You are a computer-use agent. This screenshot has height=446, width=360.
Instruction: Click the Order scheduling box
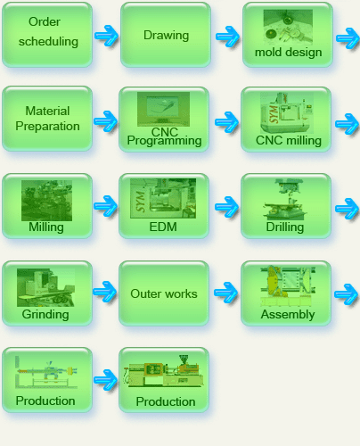pyautogui.click(x=47, y=35)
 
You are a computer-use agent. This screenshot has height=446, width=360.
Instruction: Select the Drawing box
pyautogui.click(x=166, y=35)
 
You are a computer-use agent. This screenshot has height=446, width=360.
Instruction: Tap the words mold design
pyautogui.click(x=288, y=53)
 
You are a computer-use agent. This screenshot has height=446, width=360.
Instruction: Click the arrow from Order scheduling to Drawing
pyautogui.click(x=106, y=36)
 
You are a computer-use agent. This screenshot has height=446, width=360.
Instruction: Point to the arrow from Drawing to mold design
pyautogui.click(x=227, y=37)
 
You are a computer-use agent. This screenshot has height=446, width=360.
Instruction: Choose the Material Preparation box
pyautogui.click(x=47, y=119)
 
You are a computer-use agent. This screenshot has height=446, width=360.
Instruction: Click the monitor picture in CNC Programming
pyautogui.click(x=163, y=109)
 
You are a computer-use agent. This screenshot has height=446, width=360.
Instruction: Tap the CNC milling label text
pyautogui.click(x=289, y=140)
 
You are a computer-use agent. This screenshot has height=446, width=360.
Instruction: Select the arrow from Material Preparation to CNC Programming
pyautogui.click(x=105, y=121)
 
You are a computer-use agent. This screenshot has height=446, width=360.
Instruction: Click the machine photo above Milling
pyautogui.click(x=46, y=201)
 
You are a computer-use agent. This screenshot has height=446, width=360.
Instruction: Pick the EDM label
pyautogui.click(x=163, y=227)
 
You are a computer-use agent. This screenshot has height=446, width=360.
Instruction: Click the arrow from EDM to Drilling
pyautogui.click(x=226, y=206)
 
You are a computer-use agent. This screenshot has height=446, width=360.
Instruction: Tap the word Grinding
pyautogui.click(x=45, y=314)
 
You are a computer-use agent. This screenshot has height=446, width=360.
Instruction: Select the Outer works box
pyautogui.click(x=164, y=293)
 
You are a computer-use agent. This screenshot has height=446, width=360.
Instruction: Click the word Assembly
pyautogui.click(x=288, y=314)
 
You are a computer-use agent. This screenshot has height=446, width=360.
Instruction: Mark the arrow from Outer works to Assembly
pyautogui.click(x=225, y=293)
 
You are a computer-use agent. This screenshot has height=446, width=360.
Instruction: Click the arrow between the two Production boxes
pyautogui.click(x=105, y=379)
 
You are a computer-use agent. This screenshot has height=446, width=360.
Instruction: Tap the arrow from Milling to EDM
pyautogui.click(x=105, y=206)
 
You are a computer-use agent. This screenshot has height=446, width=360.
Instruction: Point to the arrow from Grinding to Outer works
pyautogui.click(x=104, y=292)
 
